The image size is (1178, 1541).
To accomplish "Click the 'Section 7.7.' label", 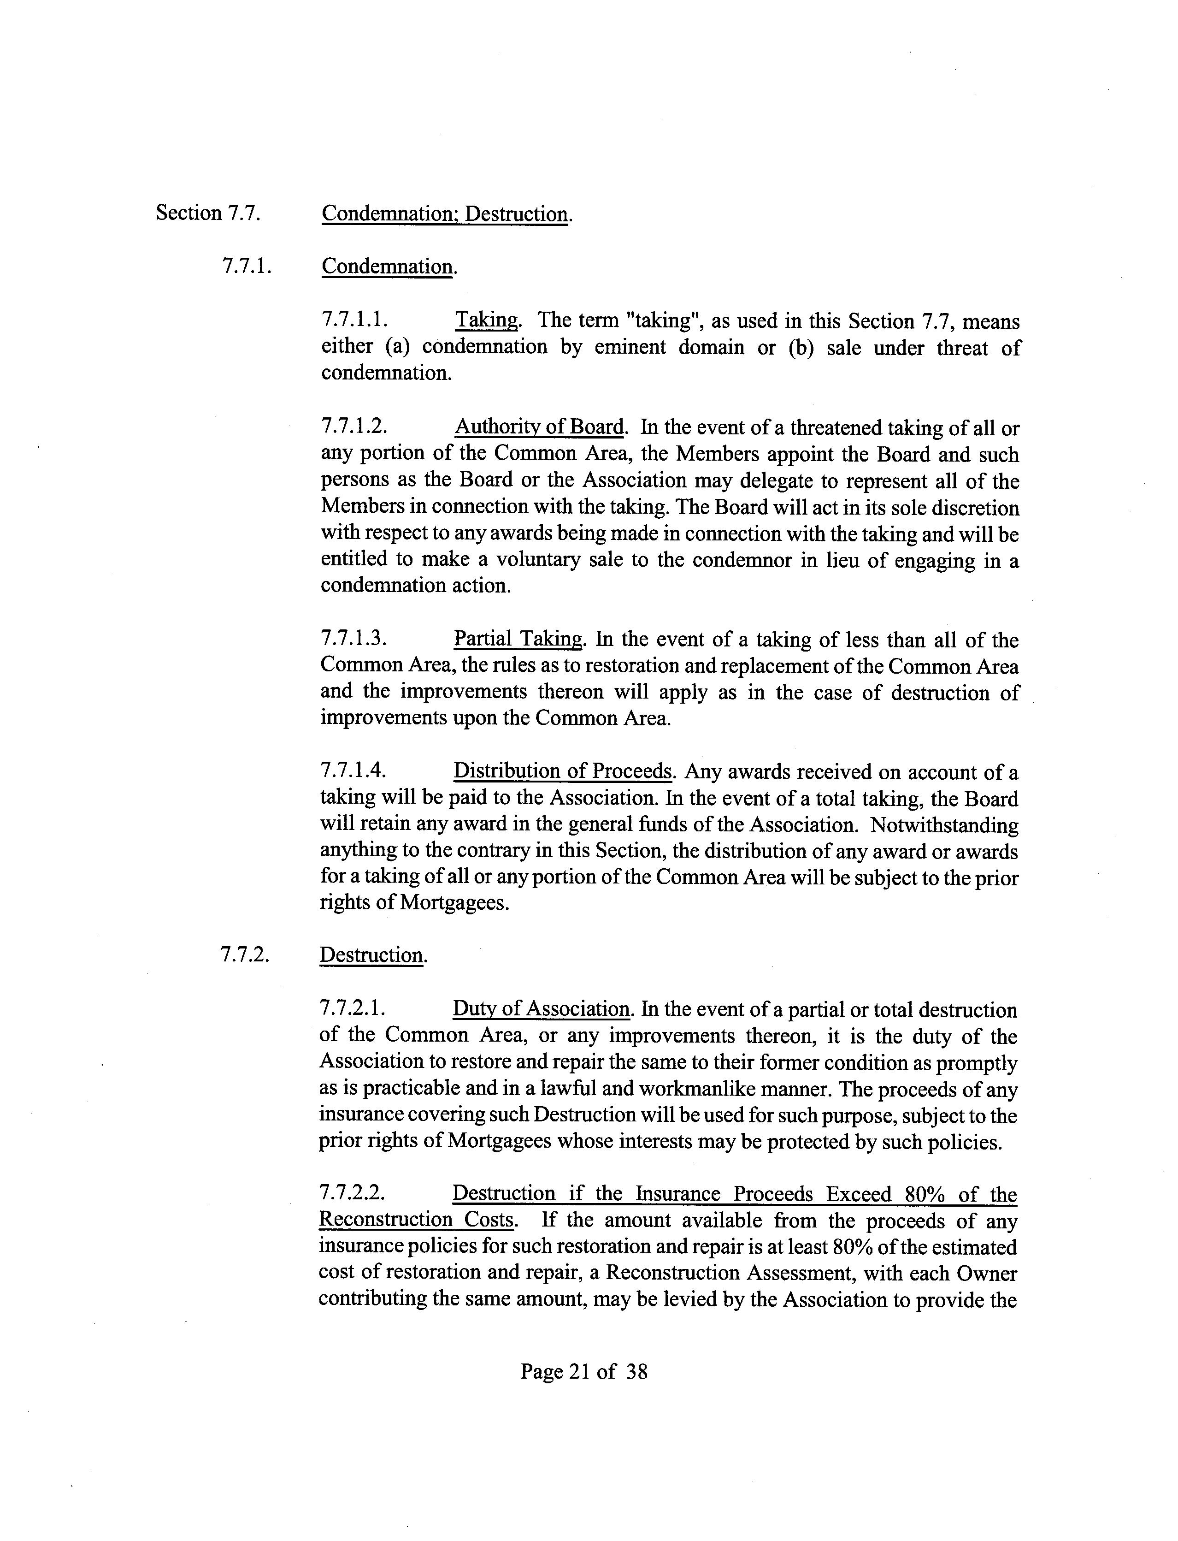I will [x=207, y=213].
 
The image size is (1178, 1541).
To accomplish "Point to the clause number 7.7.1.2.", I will [x=354, y=427].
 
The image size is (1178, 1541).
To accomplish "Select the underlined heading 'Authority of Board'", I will [x=539, y=427].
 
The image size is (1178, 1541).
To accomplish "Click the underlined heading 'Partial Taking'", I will [x=518, y=639].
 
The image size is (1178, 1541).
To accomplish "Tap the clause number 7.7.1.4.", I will [x=353, y=771].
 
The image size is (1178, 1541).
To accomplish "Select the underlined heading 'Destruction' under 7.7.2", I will [x=371, y=955].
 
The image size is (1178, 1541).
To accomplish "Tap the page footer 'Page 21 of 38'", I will [x=583, y=1372].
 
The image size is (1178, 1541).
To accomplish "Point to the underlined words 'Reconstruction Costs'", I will [x=417, y=1220].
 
